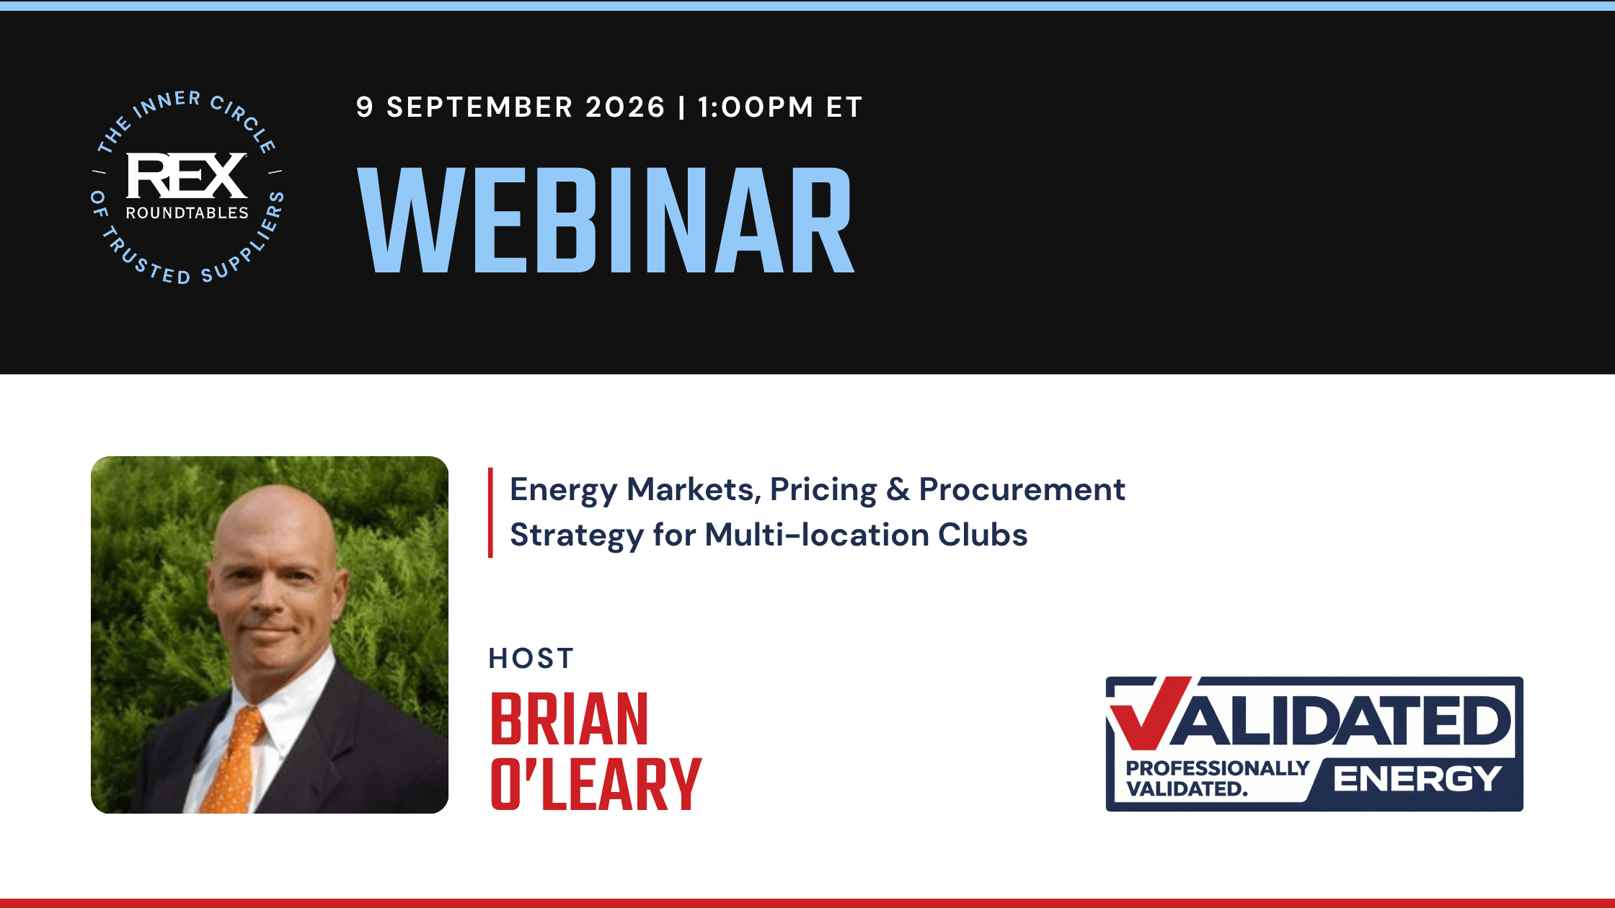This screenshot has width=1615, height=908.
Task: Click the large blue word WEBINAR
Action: tap(606, 220)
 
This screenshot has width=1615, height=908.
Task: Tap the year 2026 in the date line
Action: tap(625, 107)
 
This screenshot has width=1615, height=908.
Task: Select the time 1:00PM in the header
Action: tap(756, 107)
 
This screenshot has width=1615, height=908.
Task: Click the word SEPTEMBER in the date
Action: tap(479, 107)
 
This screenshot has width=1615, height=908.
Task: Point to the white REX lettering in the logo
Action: tap(187, 175)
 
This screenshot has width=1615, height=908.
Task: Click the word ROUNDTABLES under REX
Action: tap(187, 213)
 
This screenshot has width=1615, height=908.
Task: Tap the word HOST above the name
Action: tap(531, 659)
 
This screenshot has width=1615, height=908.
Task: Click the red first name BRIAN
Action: tap(570, 719)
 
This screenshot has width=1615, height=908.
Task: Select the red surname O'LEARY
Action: tap(596, 784)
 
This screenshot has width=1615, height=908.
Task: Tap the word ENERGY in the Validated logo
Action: tap(1417, 779)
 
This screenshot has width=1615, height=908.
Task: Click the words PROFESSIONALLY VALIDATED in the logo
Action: tap(1218, 778)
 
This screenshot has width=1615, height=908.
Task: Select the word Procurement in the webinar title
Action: tap(1022, 490)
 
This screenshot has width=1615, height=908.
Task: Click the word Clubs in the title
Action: tap(983, 535)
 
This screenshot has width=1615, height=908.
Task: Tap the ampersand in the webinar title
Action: tap(898, 490)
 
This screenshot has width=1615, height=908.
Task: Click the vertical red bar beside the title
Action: tap(491, 512)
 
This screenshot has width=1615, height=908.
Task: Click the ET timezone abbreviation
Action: tap(844, 107)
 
